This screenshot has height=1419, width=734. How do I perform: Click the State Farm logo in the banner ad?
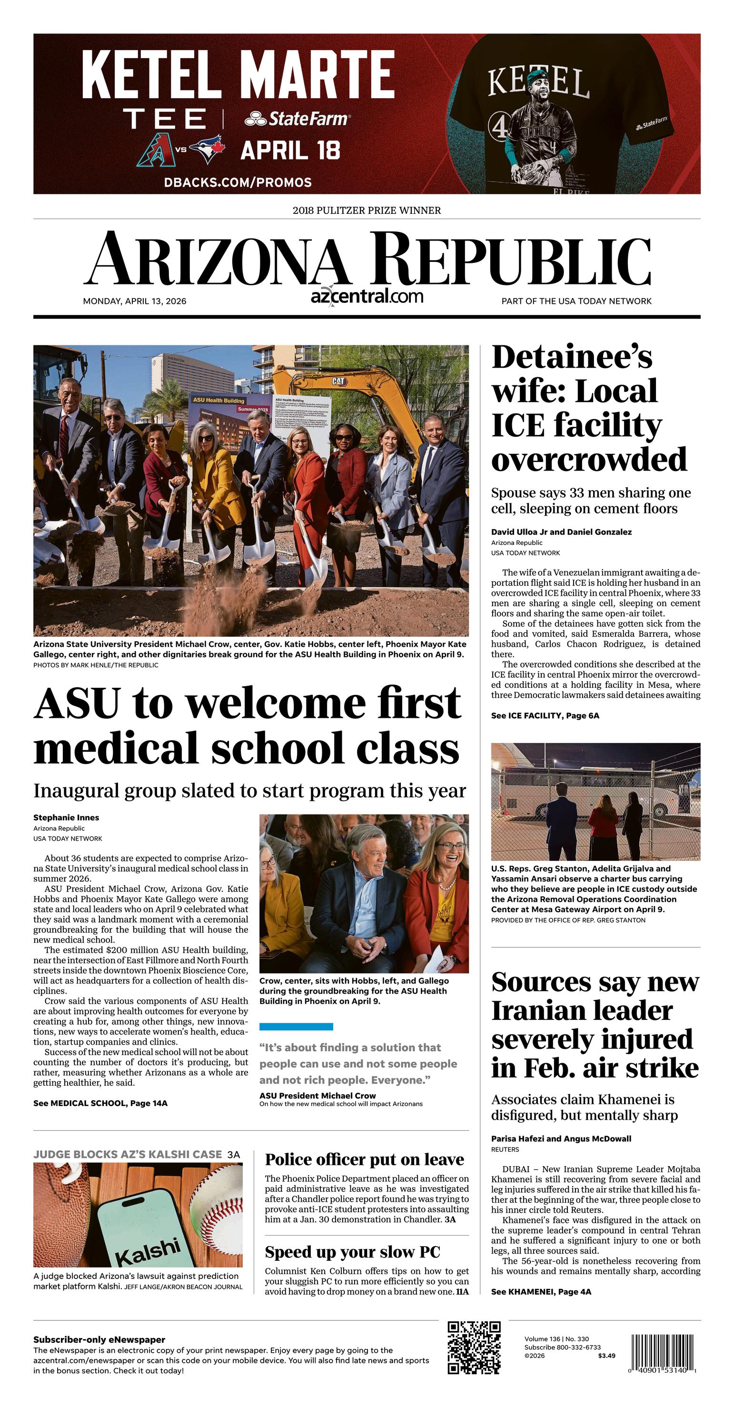(298, 119)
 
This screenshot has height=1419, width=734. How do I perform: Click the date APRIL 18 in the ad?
(290, 151)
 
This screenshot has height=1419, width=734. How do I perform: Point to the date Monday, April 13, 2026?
(134, 302)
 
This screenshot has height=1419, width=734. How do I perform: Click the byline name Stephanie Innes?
(66, 817)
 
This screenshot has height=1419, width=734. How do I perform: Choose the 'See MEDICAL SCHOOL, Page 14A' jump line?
(100, 1103)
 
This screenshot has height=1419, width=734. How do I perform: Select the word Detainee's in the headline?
(572, 357)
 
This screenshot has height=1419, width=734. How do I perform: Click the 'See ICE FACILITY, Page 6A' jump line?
(545, 715)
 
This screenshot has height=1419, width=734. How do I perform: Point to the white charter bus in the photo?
(595, 790)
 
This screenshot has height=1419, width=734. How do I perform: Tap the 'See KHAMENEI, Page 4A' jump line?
(541, 1292)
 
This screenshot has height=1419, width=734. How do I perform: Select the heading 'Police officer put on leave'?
(365, 1159)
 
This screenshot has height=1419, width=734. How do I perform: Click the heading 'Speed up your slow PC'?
(352, 1252)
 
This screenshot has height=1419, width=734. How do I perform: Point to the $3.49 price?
(606, 1356)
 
